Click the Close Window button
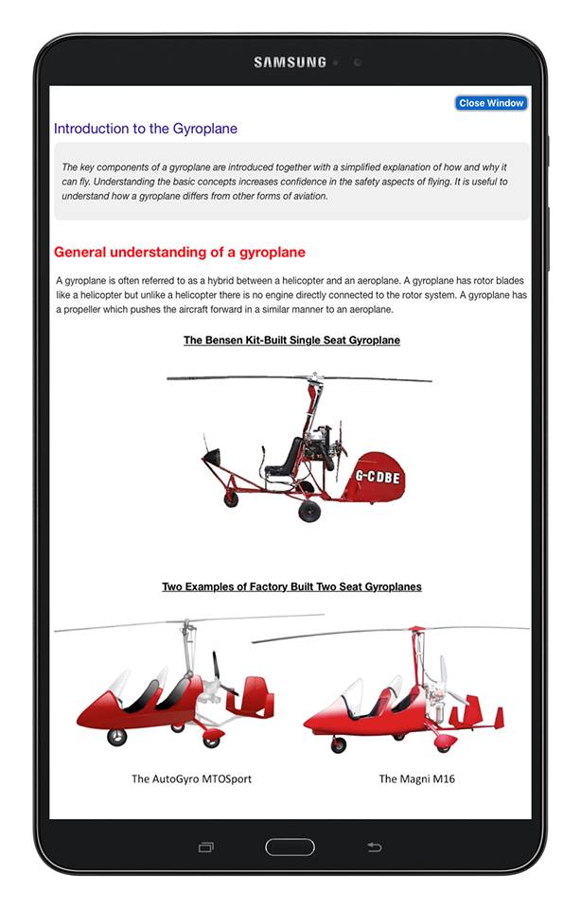(x=491, y=103)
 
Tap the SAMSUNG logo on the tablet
(x=290, y=62)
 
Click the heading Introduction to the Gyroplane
(x=146, y=129)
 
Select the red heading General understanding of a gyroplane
(x=180, y=253)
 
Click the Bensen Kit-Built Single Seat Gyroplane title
(x=291, y=340)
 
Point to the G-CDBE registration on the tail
(x=378, y=477)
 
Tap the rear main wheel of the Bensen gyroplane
(x=309, y=511)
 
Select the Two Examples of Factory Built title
(x=291, y=586)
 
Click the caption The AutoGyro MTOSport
(x=191, y=779)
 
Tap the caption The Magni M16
(x=411, y=779)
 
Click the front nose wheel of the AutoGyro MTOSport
(x=116, y=737)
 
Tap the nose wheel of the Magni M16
(x=338, y=745)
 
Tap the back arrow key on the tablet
(x=374, y=847)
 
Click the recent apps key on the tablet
(x=206, y=847)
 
